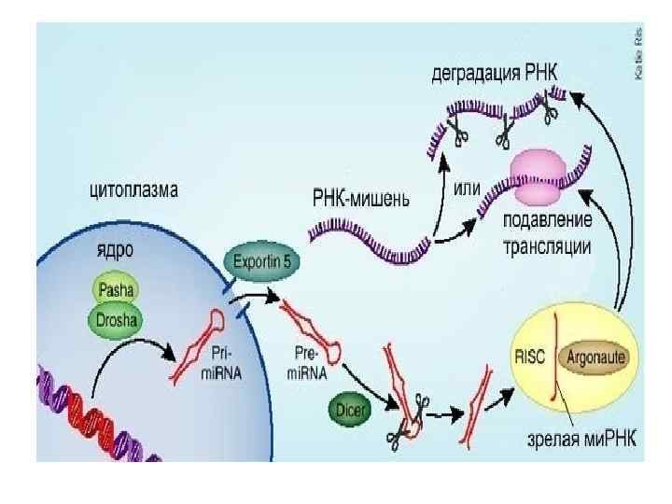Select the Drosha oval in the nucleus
point(117,321)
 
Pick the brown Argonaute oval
point(595,357)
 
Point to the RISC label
point(533,356)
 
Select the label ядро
point(115,251)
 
